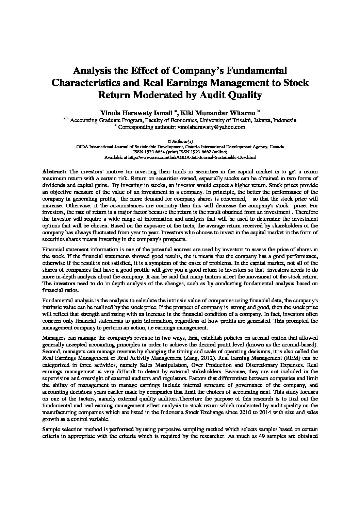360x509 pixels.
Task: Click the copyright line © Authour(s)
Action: point(180,141)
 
